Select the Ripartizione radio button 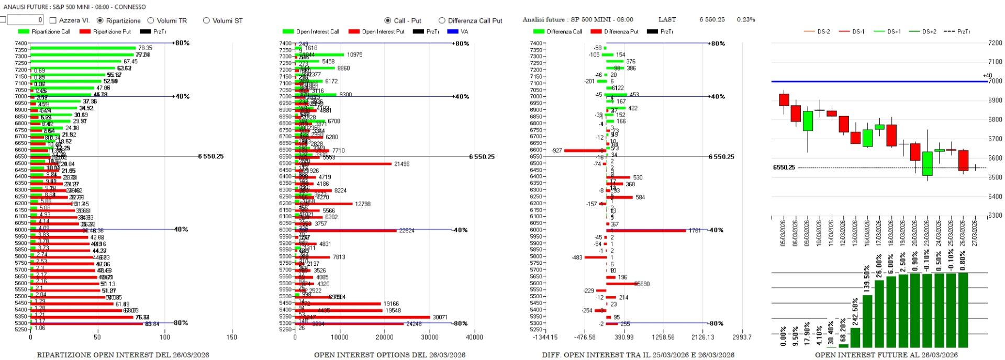[100, 20]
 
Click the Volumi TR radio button [151, 20]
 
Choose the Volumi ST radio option [206, 20]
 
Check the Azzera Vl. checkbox [53, 20]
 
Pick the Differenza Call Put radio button [442, 20]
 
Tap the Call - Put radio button [388, 20]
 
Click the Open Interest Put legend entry [383, 31]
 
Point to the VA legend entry [464, 31]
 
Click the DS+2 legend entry [929, 31]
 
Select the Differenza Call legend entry [564, 31]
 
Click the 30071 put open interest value [440, 317]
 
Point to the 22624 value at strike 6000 [407, 230]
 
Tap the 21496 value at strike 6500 [401, 164]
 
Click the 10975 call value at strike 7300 [354, 54]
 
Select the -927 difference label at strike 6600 [556, 151]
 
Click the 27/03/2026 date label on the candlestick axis [975, 233]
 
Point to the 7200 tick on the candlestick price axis [995, 43]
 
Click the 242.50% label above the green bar [855, 312]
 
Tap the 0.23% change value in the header [745, 19]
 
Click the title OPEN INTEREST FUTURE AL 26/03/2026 [886, 355]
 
